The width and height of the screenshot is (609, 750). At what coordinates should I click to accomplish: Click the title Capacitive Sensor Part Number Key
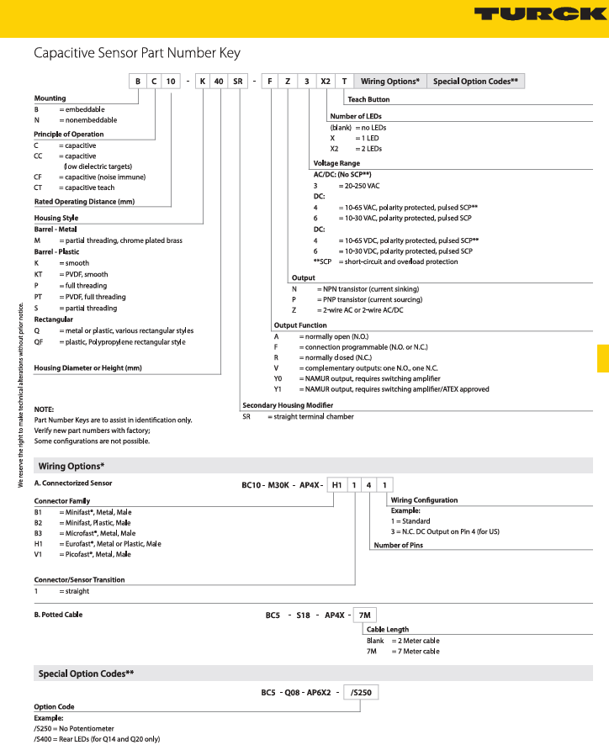tap(137, 53)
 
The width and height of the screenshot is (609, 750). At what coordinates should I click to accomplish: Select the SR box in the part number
tap(239, 81)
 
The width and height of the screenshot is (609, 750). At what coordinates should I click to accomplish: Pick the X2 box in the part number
tap(326, 81)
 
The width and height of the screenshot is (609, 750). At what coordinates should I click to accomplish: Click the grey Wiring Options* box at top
tap(389, 81)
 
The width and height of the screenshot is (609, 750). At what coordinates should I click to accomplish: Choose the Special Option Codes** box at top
tap(476, 81)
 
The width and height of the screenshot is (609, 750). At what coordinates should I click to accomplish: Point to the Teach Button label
tap(368, 99)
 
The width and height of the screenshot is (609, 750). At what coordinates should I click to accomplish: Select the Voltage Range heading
tap(336, 162)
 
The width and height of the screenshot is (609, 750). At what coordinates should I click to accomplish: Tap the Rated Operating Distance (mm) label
tap(84, 202)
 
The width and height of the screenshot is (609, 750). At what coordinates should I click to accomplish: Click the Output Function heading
tap(300, 325)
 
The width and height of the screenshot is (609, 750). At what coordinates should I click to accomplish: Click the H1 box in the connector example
tap(336, 483)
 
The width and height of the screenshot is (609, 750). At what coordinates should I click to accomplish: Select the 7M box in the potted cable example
tap(363, 615)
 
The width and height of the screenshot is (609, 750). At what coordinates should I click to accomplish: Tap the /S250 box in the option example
tap(362, 692)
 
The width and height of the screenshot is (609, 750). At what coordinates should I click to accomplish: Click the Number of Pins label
tap(398, 545)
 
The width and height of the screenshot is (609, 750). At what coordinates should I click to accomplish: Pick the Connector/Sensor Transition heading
tap(79, 579)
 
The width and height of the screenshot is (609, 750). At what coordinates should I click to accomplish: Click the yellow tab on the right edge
tap(603, 357)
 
